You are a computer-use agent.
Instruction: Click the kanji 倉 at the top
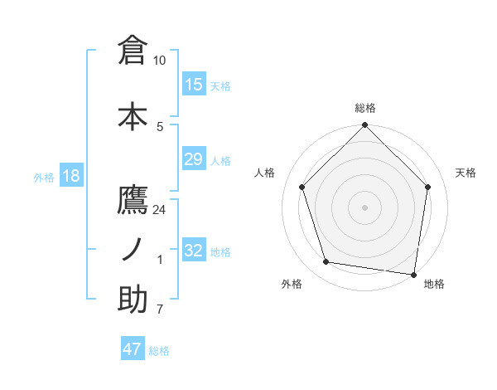tap(133, 51)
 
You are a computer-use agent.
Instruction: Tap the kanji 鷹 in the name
tap(133, 202)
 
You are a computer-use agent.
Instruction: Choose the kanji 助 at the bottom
tap(133, 300)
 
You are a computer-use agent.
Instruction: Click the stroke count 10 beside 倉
tap(160, 61)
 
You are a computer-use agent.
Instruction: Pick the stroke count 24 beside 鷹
tap(160, 210)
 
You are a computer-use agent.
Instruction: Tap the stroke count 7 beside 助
tap(160, 310)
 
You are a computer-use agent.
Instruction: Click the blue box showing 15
tap(194, 85)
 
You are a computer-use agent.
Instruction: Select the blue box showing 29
tap(194, 159)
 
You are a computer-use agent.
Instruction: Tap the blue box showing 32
tap(194, 251)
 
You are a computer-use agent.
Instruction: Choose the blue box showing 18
tap(70, 176)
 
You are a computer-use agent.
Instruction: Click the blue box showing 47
tap(133, 349)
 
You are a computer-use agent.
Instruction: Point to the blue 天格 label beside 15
tap(220, 86)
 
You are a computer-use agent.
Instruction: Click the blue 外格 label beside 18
tap(44, 177)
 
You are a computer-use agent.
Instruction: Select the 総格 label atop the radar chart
tap(365, 108)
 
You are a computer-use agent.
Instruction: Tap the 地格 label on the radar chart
tap(434, 284)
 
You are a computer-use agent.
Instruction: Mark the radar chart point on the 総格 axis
tap(364, 126)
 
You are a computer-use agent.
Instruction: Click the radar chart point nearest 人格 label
tap(302, 187)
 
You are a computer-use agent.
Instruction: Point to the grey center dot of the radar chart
tap(364, 207)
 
